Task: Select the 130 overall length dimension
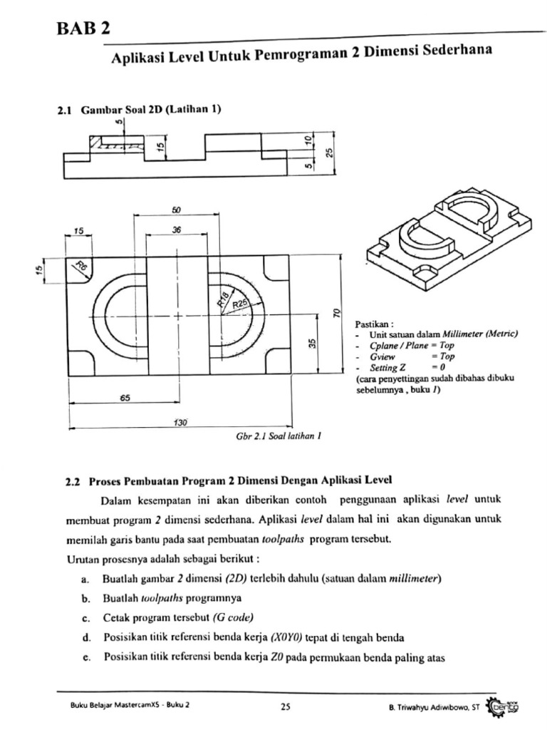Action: tap(180, 423)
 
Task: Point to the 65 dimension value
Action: tap(125, 399)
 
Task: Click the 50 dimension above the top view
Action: tap(177, 210)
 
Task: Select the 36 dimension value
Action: tap(177, 230)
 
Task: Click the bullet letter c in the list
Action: tap(85, 617)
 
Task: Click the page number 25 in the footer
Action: tap(285, 707)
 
